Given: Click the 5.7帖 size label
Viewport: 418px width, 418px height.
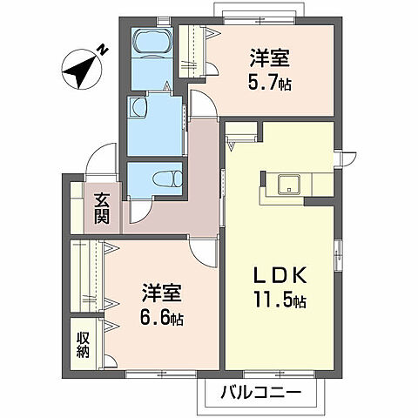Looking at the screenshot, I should (x=271, y=85).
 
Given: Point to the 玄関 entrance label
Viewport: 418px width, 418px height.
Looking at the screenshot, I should (x=103, y=208).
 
